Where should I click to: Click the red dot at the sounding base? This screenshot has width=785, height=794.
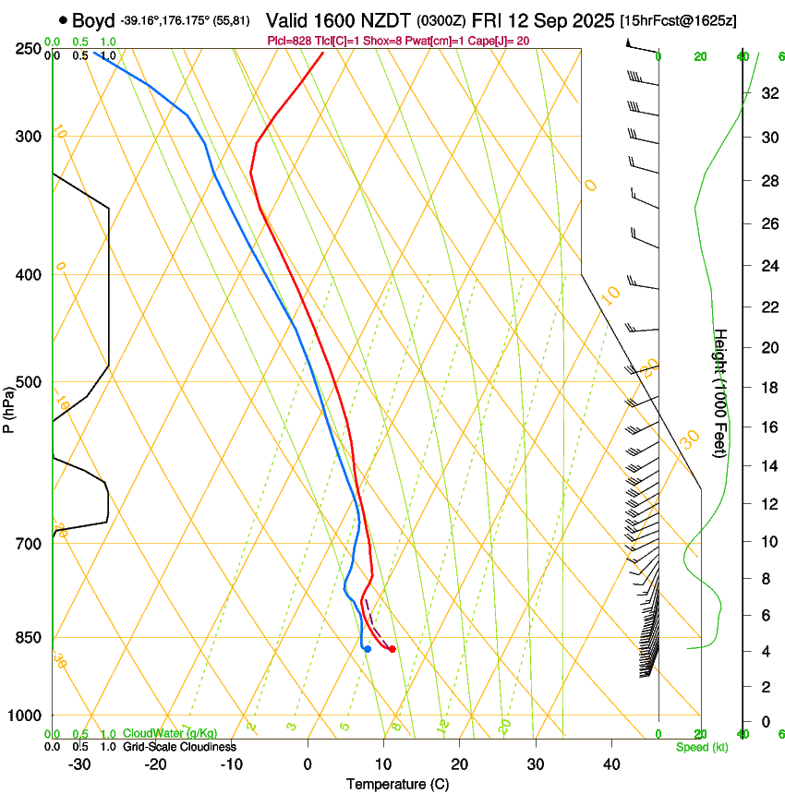point(392,649)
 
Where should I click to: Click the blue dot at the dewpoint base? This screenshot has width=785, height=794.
point(368,649)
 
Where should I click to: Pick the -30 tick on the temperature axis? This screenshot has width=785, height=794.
point(79,764)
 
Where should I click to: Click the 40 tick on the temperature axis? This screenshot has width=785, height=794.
point(610,764)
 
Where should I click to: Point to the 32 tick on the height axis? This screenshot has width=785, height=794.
point(767,93)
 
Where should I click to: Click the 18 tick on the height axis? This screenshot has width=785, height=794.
point(767,388)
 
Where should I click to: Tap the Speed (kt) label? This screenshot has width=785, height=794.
point(701,747)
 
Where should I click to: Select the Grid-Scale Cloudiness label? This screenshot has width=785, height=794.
point(179,747)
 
